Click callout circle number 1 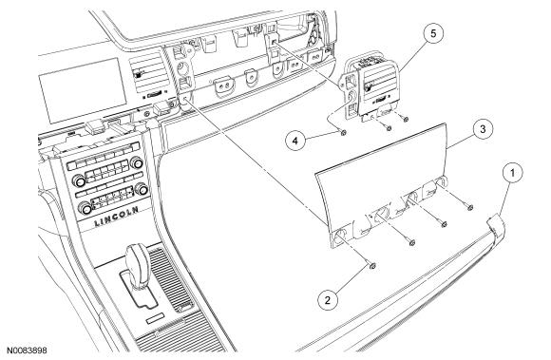pos(512,173)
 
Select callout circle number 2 pos(328,300)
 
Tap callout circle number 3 pos(483,129)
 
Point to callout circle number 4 pos(295,141)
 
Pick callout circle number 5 pos(433,33)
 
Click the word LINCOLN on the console pos(116,217)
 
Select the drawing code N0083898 pos(27,351)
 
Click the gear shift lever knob pos(138,260)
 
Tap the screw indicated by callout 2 pos(372,266)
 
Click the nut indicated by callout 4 pos(344,133)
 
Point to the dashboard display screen pos(83,90)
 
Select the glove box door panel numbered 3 pos(381,185)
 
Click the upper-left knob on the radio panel pos(79,181)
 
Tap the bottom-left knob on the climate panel pos(85,208)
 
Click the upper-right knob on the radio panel pos(137,163)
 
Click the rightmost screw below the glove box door pos(470,208)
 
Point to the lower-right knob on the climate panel pos(142,189)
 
